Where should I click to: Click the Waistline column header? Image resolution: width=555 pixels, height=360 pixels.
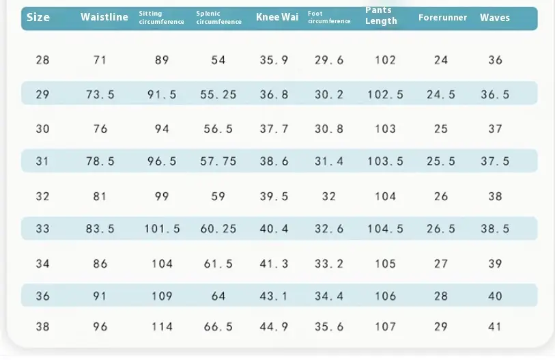coord(104,17)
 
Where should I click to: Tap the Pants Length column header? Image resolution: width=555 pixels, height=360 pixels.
coord(381,16)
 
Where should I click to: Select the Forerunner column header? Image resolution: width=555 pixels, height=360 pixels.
coord(442,17)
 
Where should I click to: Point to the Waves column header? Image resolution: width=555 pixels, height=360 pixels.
coord(495,17)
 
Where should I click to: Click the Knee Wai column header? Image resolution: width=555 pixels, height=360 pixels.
coord(277,17)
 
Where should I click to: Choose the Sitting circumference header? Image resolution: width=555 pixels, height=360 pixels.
coord(161,18)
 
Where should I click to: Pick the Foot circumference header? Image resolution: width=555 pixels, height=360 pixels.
coord(329,17)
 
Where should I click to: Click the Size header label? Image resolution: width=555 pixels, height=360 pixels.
coord(38,17)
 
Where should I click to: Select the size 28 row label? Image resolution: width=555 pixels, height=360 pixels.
coord(42,60)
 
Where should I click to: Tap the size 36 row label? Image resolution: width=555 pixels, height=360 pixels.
coord(42,296)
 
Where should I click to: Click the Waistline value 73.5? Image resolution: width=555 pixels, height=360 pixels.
coord(100,94)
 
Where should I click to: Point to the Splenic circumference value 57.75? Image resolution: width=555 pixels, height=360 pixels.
coord(218,161)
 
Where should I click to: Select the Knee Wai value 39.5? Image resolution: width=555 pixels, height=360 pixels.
coord(274,196)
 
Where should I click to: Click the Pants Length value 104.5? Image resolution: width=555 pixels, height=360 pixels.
coord(385,229)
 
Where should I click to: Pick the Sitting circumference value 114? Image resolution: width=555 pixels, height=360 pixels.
coord(162,327)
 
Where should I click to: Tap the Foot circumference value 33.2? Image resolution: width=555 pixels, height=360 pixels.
coord(329,264)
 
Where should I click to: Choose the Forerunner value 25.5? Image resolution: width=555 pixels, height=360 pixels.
coord(441,161)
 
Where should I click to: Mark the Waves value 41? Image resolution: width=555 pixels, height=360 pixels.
coord(495,327)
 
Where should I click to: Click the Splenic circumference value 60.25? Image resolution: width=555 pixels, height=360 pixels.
coord(218,229)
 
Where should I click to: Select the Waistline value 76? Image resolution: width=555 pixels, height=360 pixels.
coord(100,128)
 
